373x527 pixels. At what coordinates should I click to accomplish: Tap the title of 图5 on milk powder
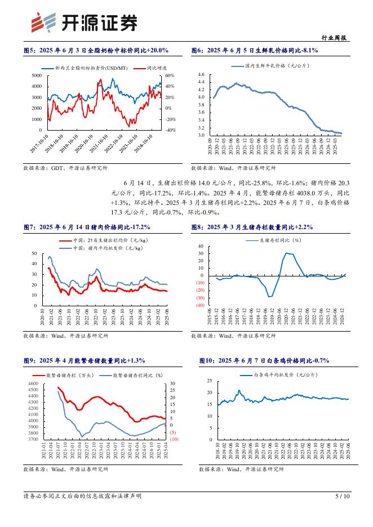pos(96,51)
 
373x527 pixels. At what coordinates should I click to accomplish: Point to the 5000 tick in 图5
pos(36,75)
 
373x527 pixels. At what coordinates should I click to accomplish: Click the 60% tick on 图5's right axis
pos(170,75)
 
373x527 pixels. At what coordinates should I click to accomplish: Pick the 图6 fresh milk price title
pos(255,51)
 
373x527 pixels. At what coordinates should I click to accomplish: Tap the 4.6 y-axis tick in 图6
pos(202,75)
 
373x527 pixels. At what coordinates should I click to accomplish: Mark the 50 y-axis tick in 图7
pos(34,254)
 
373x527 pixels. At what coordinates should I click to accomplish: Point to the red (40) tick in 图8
pos(199,306)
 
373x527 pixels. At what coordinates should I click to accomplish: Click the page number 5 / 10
pos(343,496)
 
